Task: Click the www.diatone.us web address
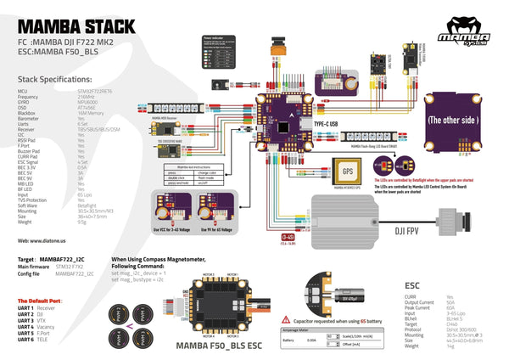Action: (x=44, y=241)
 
